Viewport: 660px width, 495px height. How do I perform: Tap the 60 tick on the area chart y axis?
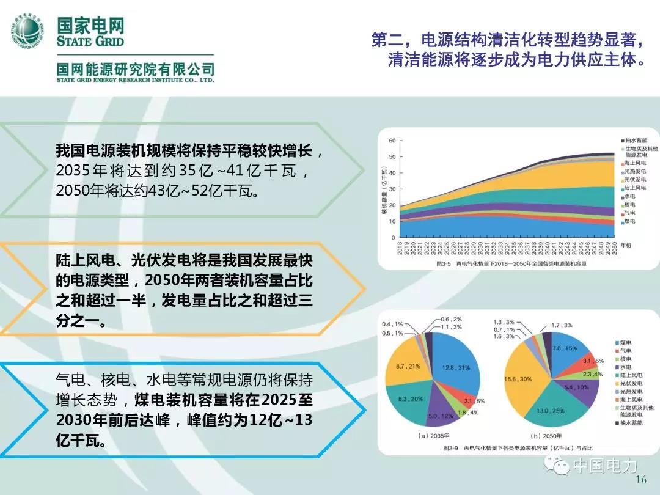pos(392,141)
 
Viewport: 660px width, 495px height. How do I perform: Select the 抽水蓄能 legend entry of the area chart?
pos(634,140)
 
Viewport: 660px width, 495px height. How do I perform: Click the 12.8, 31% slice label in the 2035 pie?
pos(453,366)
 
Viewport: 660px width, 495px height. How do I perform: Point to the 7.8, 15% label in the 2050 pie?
pos(565,348)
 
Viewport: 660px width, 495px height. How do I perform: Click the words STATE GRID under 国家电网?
pos(90,42)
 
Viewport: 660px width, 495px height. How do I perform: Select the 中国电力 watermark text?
pos(604,467)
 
